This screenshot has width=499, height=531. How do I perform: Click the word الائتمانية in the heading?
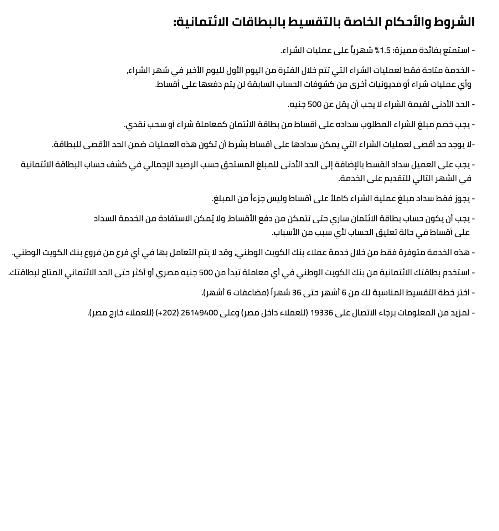point(202,22)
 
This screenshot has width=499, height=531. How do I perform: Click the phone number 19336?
point(321,313)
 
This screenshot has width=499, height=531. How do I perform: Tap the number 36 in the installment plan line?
point(297,293)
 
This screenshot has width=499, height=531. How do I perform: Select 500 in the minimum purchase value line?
point(315,105)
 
